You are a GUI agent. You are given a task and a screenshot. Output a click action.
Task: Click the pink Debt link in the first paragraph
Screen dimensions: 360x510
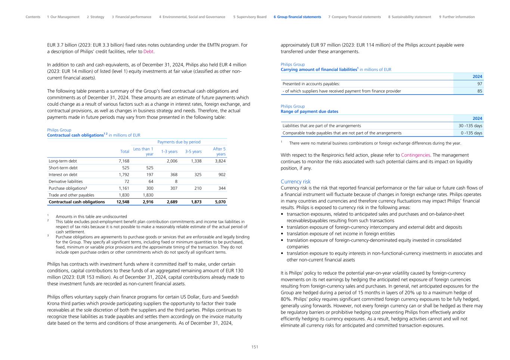[x=149, y=52]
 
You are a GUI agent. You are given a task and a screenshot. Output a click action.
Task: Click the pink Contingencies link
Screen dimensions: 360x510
[x=415, y=155]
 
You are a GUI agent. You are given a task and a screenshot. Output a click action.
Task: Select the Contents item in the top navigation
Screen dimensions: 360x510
[x=33, y=17]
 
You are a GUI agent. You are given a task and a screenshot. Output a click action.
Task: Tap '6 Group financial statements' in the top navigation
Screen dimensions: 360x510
[x=297, y=17]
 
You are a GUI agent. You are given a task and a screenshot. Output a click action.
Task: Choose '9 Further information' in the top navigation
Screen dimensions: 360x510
[x=457, y=17]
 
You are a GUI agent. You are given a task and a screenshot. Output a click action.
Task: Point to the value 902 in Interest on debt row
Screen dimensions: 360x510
[x=222, y=174]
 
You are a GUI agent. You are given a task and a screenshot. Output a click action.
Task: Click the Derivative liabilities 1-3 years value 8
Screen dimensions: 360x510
[x=176, y=181]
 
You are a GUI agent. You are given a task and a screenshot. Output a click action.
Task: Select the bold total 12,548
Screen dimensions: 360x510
[x=123, y=202]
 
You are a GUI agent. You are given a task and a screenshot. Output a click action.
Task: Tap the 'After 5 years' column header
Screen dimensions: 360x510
[x=219, y=151]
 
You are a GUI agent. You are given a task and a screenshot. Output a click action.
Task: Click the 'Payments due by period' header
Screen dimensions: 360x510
[x=179, y=142]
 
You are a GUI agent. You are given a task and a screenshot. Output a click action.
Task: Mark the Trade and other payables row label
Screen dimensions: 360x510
[x=71, y=195]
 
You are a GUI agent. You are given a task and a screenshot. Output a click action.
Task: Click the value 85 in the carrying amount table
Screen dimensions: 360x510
[x=480, y=91]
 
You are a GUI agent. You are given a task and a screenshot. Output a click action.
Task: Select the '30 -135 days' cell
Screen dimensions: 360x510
[x=470, y=126]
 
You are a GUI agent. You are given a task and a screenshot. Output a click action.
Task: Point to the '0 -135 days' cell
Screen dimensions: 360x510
[x=472, y=133]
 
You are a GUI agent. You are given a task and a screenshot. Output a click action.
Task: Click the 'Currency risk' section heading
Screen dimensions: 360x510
[x=296, y=181]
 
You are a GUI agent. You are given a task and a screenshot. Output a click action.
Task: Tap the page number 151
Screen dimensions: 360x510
[x=255, y=347]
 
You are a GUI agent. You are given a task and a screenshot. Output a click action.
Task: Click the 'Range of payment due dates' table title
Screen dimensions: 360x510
[x=309, y=111]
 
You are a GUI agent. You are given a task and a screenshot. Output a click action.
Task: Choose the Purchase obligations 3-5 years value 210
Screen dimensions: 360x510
[x=198, y=188]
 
